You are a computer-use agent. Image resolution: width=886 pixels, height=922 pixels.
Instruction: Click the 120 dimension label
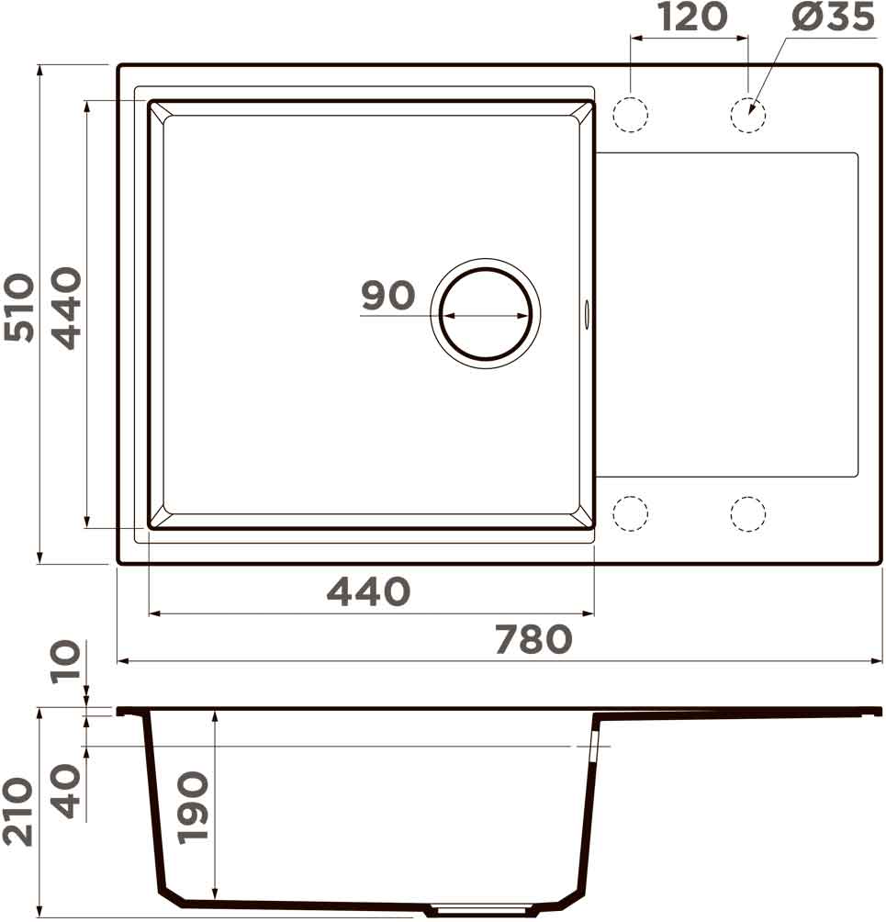click(692, 17)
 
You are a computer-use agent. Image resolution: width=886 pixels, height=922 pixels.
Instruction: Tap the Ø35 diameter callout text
click(833, 17)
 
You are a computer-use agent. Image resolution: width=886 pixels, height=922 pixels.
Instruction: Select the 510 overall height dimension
click(18, 307)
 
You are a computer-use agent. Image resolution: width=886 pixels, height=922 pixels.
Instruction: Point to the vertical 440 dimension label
click(66, 309)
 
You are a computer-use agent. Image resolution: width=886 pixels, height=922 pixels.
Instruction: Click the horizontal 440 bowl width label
click(368, 592)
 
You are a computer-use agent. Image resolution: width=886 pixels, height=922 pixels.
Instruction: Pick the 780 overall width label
click(533, 639)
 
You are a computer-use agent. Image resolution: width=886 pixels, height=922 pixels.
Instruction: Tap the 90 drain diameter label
click(388, 295)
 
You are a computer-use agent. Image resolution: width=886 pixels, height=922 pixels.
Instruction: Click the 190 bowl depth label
click(194, 808)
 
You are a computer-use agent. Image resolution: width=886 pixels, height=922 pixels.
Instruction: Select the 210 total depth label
click(17, 812)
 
